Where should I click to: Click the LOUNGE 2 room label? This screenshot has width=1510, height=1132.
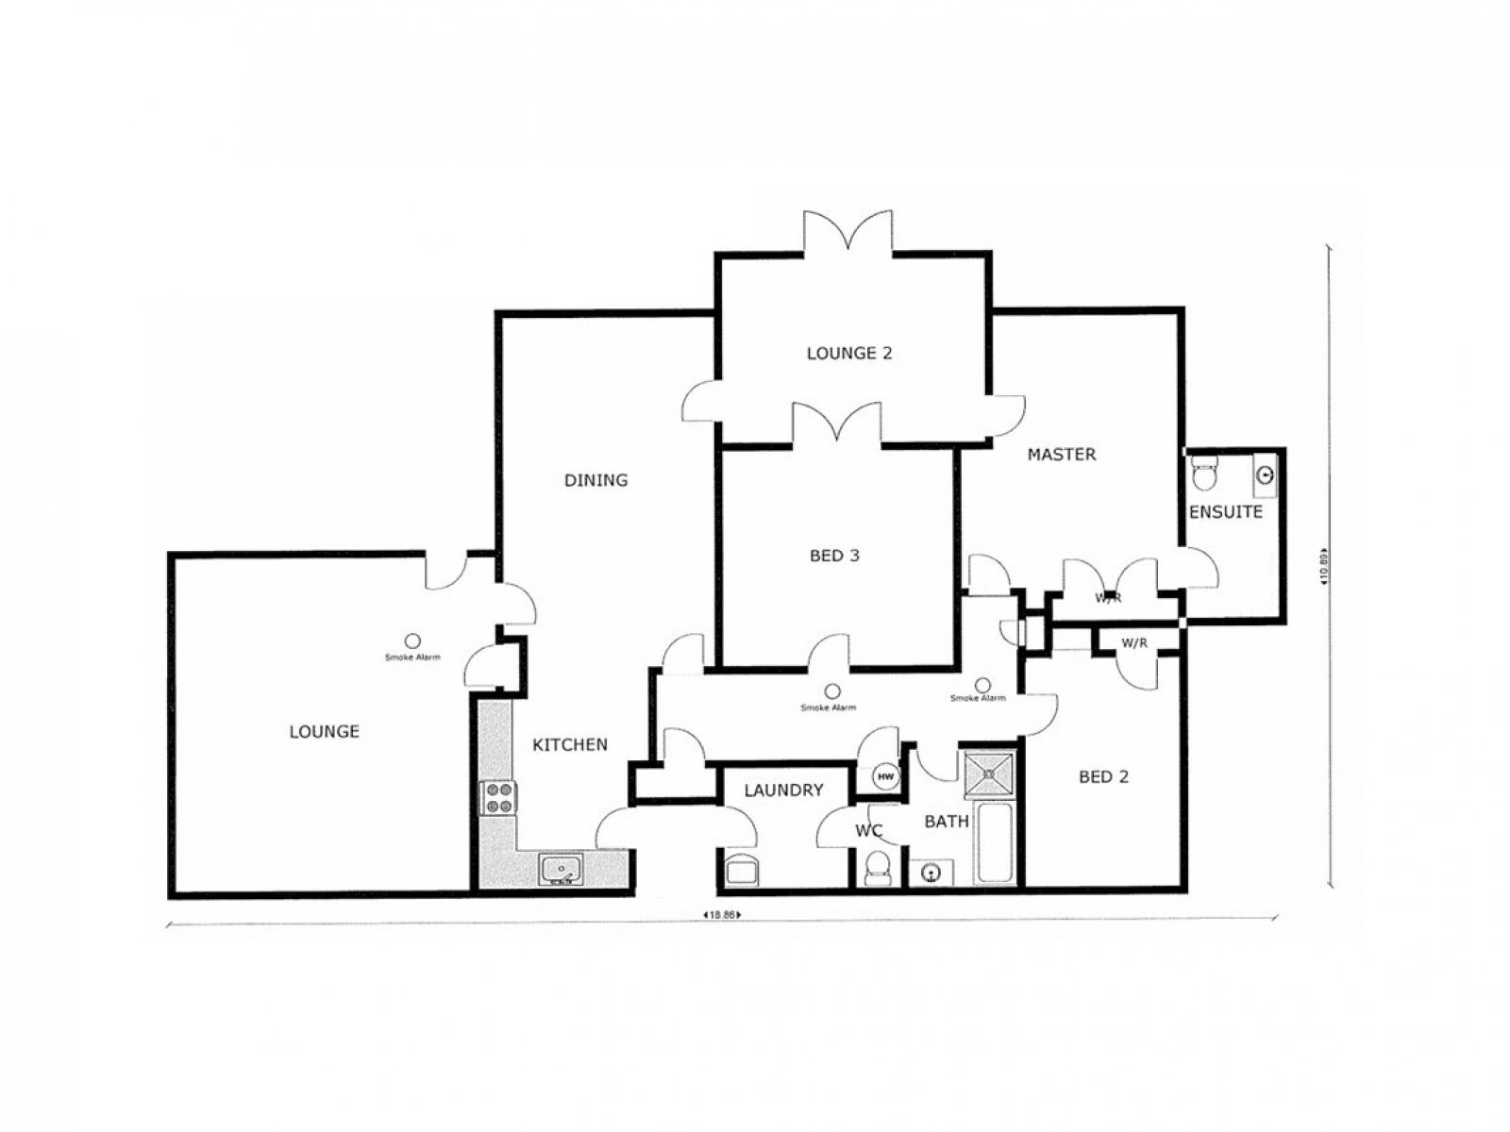tap(848, 354)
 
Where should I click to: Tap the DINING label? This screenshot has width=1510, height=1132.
tap(596, 480)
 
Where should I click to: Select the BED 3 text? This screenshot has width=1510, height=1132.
tap(834, 556)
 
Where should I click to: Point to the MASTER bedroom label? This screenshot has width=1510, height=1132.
tap(1062, 455)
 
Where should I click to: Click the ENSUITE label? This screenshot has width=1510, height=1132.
tap(1225, 512)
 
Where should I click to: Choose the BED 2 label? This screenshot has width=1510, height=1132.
tap(1103, 777)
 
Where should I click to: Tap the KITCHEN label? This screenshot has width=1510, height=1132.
tap(570, 745)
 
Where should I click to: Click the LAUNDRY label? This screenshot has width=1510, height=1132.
tap(783, 791)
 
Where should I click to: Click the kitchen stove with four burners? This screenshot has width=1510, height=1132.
tap(497, 797)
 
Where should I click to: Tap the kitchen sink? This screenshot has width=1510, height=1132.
tap(562, 870)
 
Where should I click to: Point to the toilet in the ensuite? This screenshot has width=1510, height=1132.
tap(1204, 474)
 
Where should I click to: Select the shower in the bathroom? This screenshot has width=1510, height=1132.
tap(988, 774)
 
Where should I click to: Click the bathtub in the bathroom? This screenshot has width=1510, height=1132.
tap(995, 842)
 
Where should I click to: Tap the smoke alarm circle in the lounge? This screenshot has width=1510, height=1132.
tap(412, 641)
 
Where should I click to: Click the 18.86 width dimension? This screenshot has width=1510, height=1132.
tap(722, 914)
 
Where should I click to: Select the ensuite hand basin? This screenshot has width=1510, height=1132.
tap(1265, 474)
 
